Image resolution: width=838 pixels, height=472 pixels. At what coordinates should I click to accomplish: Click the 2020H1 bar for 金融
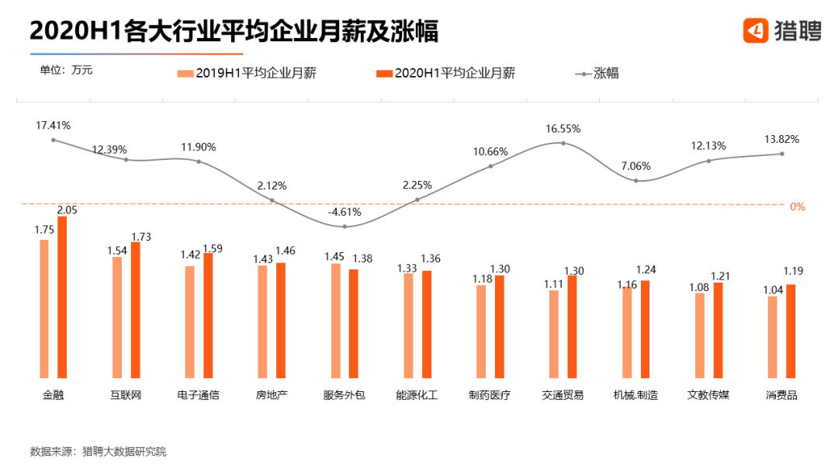(63, 297)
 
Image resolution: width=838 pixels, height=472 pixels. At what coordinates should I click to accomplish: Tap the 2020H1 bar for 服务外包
(354, 323)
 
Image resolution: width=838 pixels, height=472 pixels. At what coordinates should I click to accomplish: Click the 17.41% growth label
(53, 125)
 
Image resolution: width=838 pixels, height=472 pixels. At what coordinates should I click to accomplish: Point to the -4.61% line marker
(345, 227)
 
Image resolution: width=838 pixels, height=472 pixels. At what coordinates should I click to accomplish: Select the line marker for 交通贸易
(563, 143)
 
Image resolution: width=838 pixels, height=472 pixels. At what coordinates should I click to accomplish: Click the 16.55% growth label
(563, 129)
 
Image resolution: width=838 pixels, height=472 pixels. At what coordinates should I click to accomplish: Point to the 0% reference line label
(798, 207)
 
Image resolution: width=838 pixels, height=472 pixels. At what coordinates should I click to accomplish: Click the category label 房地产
(272, 395)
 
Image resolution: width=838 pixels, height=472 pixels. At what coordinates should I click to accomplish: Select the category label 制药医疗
(490, 395)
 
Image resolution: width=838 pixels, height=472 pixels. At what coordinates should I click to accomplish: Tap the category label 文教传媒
(708, 395)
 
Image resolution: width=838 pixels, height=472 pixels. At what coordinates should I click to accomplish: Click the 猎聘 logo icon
(756, 30)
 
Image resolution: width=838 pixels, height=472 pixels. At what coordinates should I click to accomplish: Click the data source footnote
(98, 451)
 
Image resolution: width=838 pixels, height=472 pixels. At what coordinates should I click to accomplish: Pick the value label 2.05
(67, 210)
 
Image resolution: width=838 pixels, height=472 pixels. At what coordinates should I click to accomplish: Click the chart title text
(234, 31)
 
